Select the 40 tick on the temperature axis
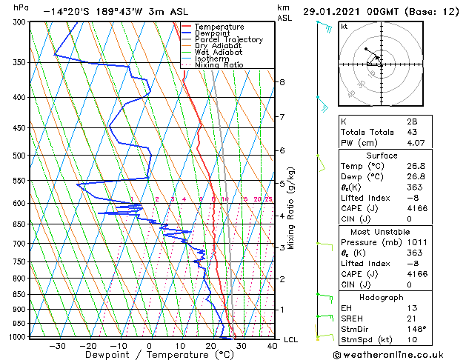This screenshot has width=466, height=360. coord(272,345)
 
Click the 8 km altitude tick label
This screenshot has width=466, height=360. coord(282,82)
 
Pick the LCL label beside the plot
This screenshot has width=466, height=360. coord(291,339)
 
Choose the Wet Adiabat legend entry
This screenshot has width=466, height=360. coord(219,53)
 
